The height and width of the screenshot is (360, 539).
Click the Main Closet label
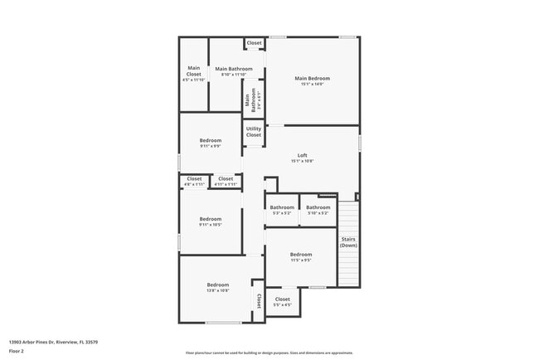point(194,74)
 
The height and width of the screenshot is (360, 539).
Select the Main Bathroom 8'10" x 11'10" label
point(233,71)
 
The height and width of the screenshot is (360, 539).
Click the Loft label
point(303,158)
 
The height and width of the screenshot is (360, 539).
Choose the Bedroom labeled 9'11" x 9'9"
point(211,144)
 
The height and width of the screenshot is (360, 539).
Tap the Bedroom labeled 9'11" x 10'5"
point(211,221)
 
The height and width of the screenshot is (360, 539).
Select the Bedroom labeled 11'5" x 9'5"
point(300,256)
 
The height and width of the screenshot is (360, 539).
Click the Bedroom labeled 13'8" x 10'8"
point(217,286)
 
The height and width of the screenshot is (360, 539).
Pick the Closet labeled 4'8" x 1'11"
point(194,180)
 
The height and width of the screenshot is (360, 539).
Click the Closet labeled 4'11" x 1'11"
point(226,180)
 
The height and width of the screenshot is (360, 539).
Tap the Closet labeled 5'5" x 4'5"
point(283,301)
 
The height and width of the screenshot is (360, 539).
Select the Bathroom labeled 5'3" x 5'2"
point(282,210)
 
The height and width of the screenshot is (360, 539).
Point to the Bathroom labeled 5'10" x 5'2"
point(318,210)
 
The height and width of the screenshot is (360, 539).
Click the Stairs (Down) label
point(348,242)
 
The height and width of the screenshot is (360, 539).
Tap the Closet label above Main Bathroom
point(254,43)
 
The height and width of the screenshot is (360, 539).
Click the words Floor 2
point(17,351)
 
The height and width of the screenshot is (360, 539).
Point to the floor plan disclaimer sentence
point(269,351)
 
